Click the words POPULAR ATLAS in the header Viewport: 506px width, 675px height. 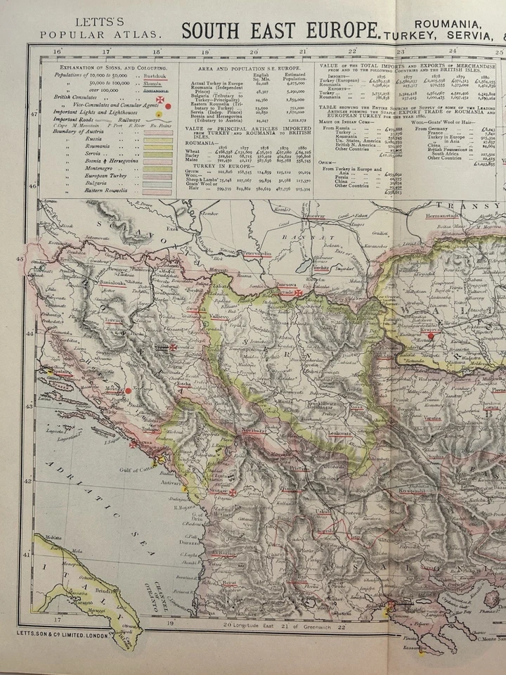[100, 34]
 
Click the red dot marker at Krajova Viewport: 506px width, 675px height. [430, 336]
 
